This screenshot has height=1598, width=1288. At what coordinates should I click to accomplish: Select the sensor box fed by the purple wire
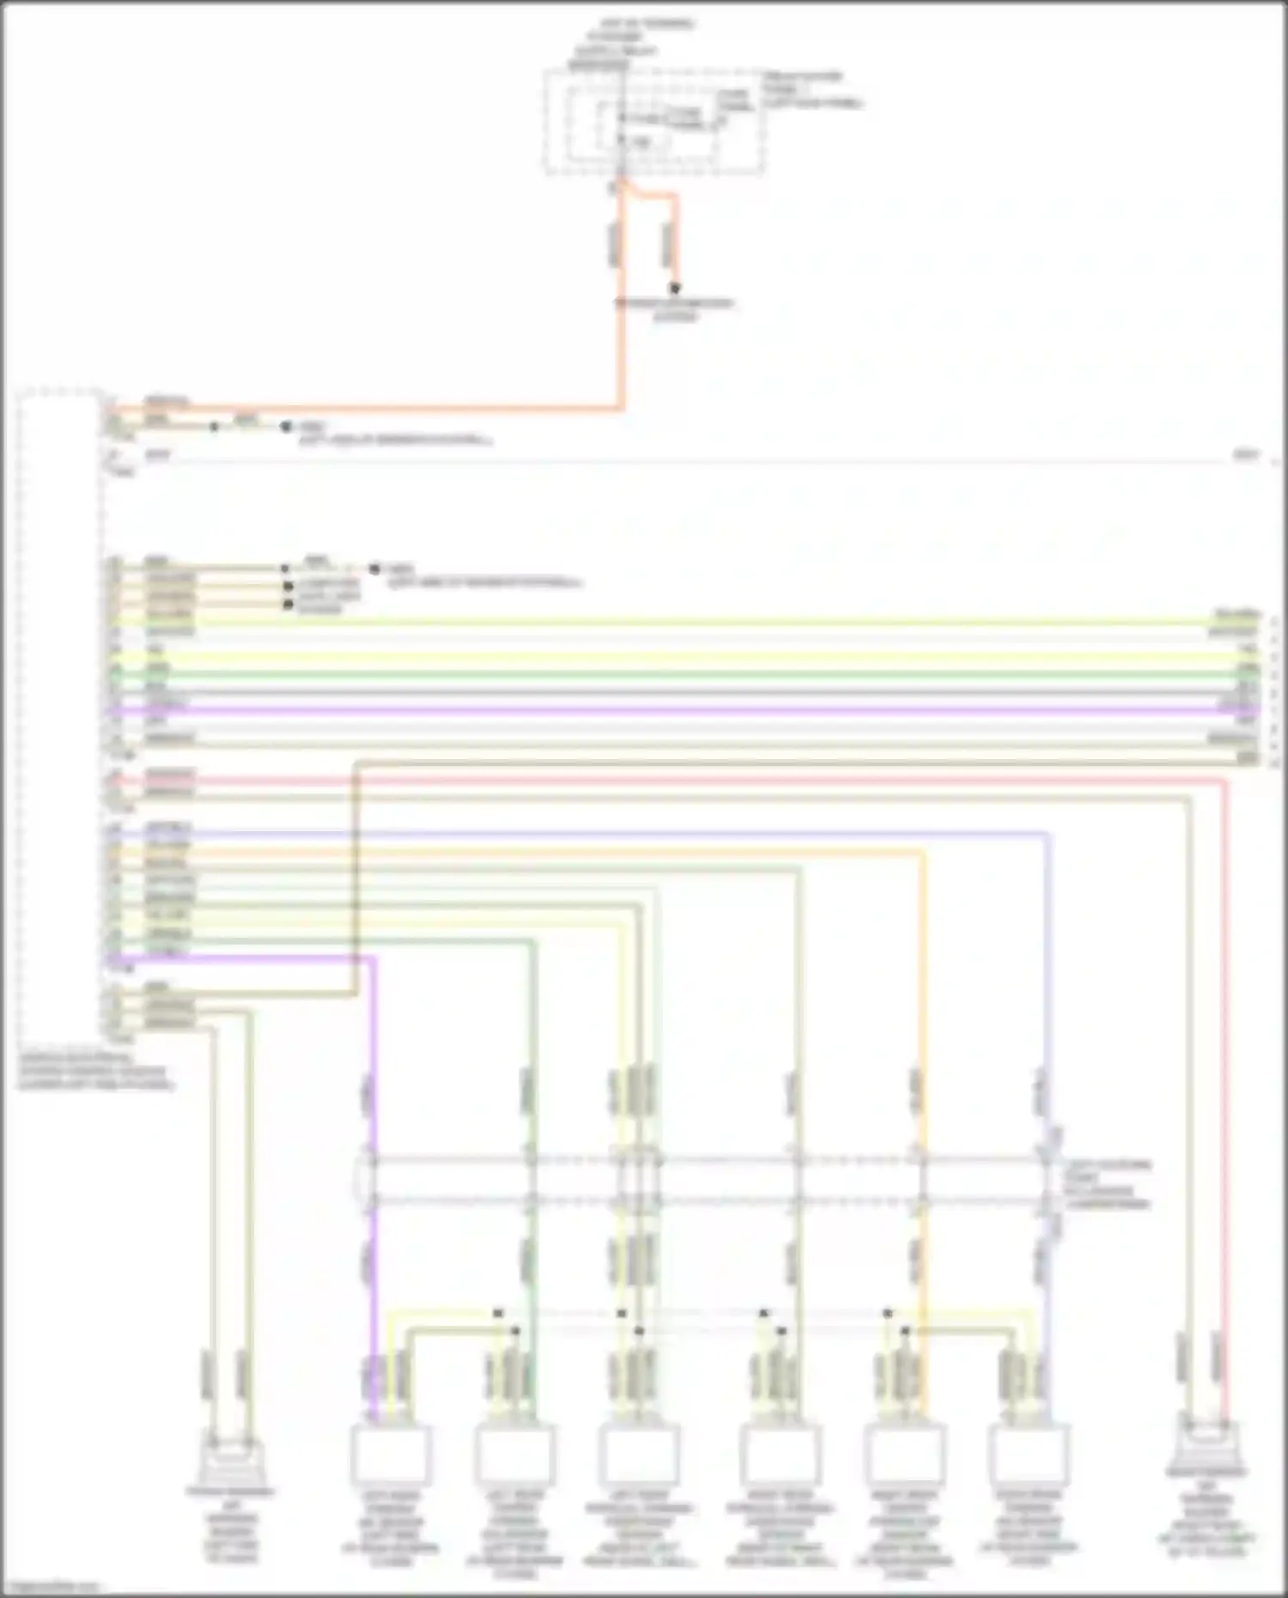click(x=391, y=1454)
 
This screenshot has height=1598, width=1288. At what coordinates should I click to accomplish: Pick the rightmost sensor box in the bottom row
click(x=1029, y=1454)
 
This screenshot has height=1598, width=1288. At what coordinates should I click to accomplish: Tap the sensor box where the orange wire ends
click(x=905, y=1454)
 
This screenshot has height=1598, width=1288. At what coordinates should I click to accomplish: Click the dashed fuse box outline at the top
click(x=653, y=123)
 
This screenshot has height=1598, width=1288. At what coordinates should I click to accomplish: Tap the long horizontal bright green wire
click(x=687, y=675)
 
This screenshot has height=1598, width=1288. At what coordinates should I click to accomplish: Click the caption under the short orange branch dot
click(x=675, y=310)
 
